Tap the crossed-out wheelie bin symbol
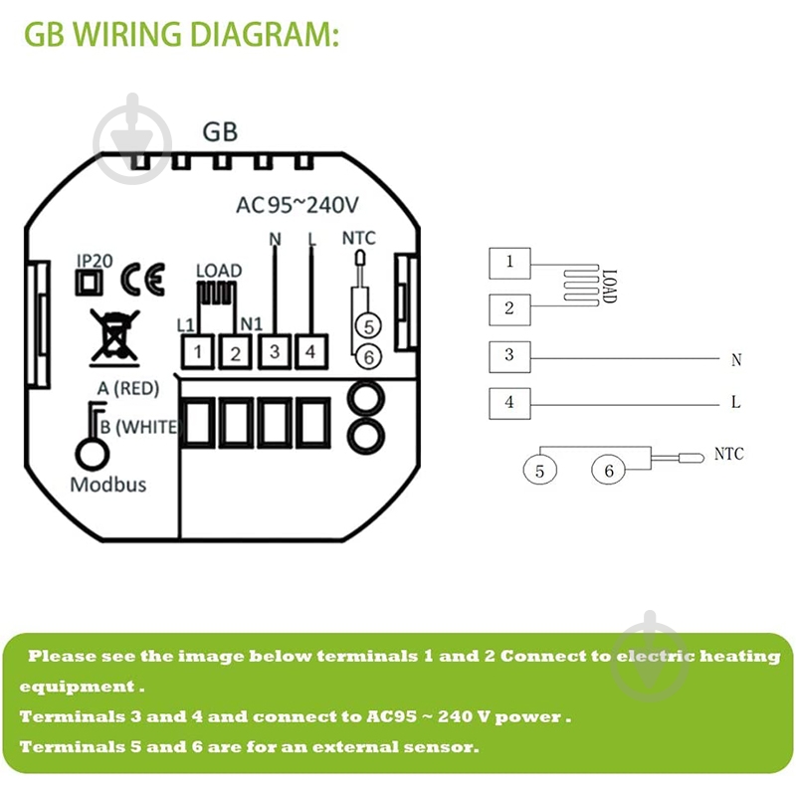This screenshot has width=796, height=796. coord(111,334)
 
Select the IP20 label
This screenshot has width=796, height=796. coord(95,261)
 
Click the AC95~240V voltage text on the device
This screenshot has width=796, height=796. coord(296,206)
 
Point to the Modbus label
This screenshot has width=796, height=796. coord(107,485)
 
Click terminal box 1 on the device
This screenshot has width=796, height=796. coord(199,350)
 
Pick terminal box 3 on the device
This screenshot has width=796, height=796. coord(274,350)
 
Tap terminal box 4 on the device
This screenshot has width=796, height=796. coord(310,350)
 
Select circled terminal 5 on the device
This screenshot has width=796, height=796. coord(367,325)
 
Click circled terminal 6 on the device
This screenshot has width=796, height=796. coord(367,355)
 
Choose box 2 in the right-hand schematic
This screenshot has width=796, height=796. coord(509,308)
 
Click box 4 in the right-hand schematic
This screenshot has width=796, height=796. coord(509,403)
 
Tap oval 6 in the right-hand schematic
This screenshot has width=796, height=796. coord(609,470)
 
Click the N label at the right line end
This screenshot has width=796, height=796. coord(736,360)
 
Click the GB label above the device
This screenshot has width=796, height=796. coord(220,131)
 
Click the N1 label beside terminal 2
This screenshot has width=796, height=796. coord(251,324)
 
